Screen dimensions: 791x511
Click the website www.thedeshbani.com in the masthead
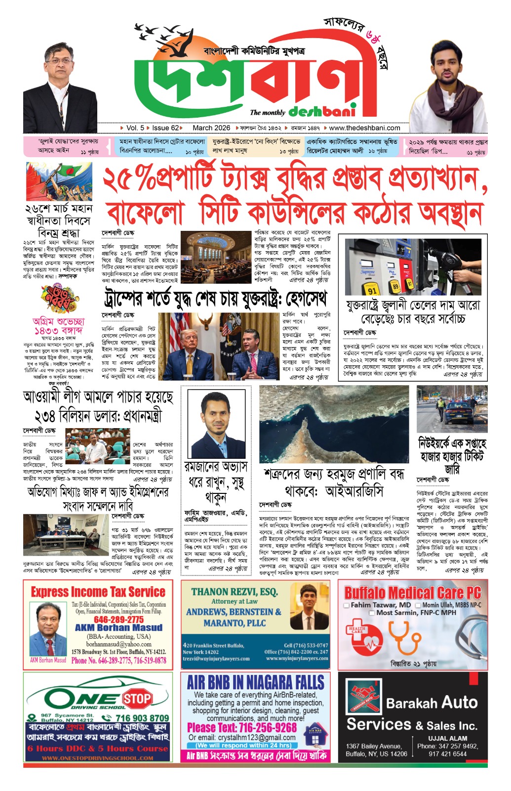point(364,128)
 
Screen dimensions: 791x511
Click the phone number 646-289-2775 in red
point(118,619)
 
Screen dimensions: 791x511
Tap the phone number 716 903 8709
point(135,718)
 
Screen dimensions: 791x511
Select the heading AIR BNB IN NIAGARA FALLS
point(255,683)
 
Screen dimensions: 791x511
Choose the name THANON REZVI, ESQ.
point(234,592)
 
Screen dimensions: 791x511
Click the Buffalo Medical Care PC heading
point(412,593)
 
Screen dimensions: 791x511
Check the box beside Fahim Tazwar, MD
point(347,605)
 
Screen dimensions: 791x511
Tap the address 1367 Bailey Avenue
point(374,746)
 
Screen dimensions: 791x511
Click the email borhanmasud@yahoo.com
point(118,644)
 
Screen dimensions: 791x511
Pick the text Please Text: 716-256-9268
point(242,728)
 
